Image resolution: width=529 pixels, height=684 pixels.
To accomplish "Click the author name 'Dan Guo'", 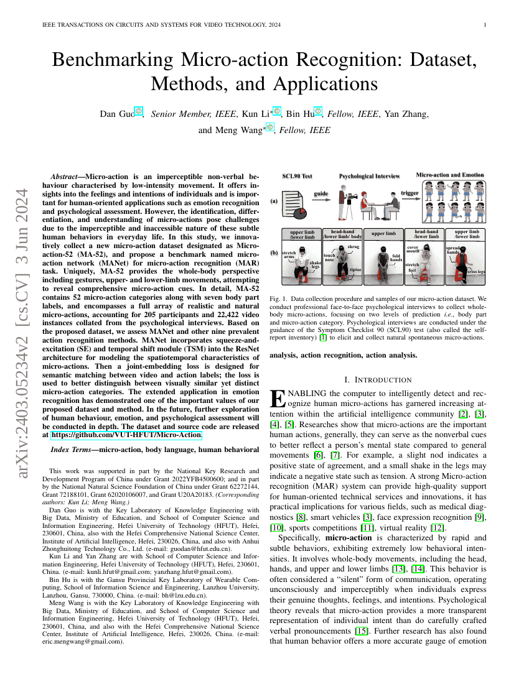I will coord(116,114).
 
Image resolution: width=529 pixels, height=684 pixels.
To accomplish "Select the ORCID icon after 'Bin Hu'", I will coord(317,112).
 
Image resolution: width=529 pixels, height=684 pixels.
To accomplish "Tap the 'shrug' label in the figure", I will coord(353,247).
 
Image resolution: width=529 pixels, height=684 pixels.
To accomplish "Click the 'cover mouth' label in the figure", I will coord(413,249).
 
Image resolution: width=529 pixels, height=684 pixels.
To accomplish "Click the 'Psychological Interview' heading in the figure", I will coord(369,177).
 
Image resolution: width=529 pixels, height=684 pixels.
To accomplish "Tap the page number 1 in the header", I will coord(484,25).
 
